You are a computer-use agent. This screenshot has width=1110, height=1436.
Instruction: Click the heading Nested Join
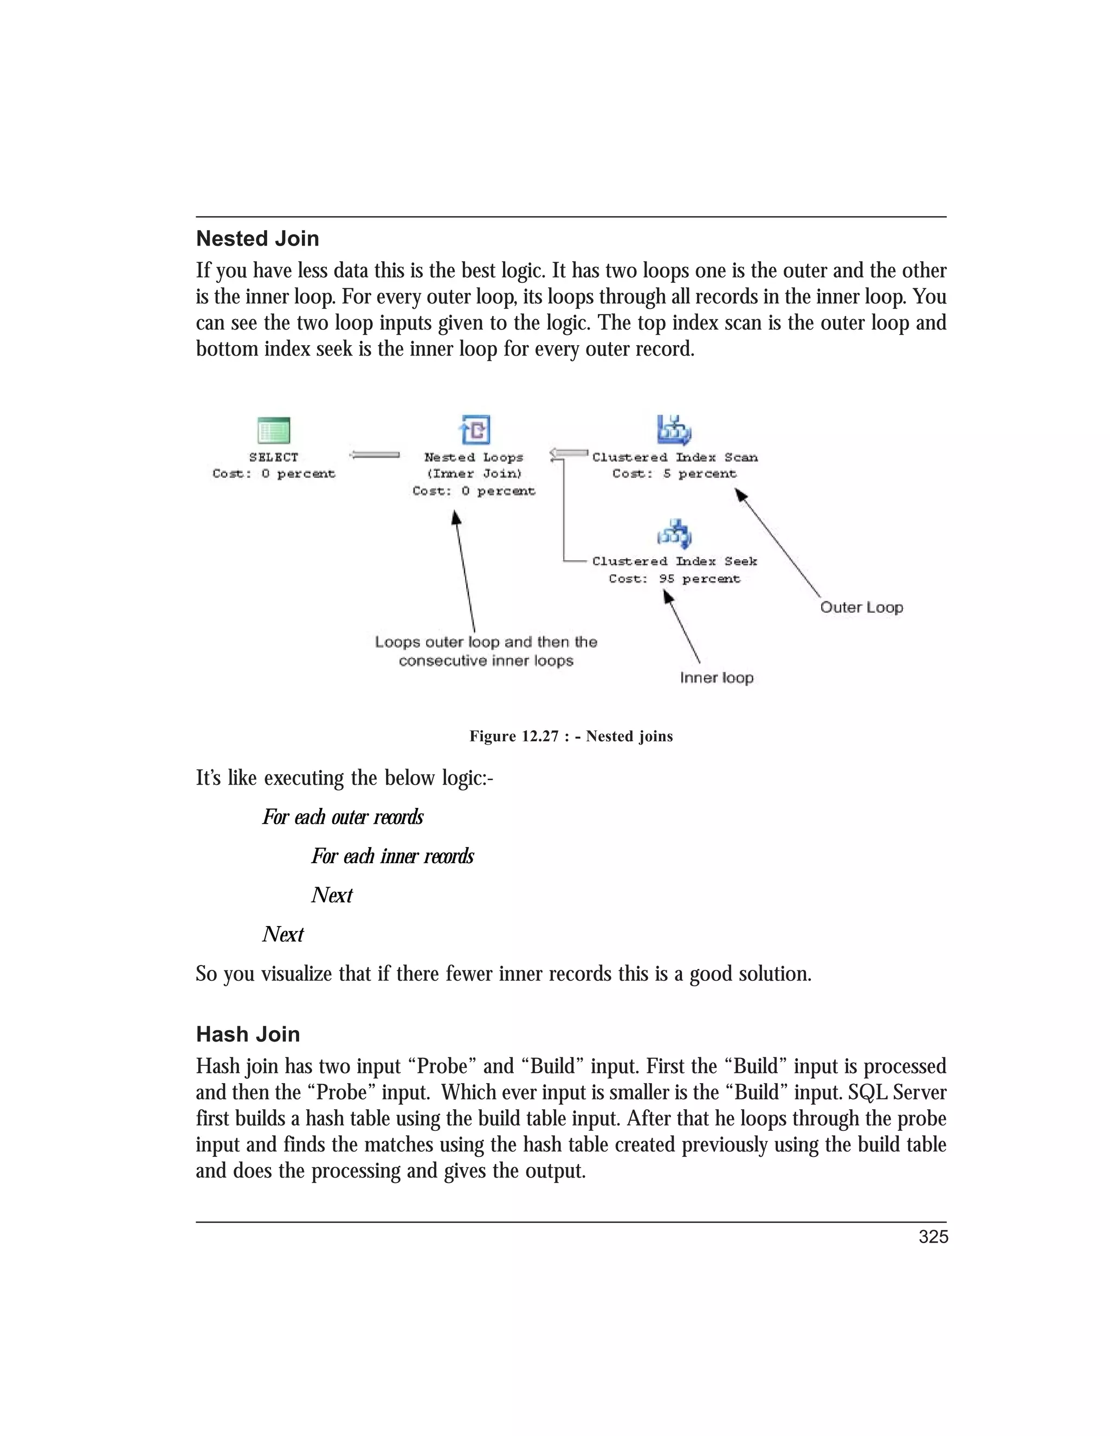point(257,238)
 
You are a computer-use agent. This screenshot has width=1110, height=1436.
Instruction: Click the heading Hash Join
point(248,1034)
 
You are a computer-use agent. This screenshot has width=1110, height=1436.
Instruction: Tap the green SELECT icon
point(274,431)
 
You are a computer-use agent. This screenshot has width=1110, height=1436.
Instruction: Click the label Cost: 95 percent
point(674,579)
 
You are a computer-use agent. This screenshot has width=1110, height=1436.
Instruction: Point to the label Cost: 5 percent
point(674,474)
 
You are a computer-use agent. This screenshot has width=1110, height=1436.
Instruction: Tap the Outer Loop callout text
point(861,607)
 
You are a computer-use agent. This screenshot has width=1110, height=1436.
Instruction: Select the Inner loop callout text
point(717,678)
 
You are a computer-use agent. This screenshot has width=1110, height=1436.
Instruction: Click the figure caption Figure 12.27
point(571,736)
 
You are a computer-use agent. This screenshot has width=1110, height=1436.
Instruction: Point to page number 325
point(933,1237)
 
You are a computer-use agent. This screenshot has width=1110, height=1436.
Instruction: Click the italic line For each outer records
point(343,817)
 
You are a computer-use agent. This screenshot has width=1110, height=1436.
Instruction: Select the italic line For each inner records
point(392,856)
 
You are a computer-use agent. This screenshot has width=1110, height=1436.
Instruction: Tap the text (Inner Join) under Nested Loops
point(474,474)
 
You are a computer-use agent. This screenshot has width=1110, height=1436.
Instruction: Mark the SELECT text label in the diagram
point(274,457)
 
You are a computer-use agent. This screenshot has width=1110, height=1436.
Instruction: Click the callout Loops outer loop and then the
point(486,642)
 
